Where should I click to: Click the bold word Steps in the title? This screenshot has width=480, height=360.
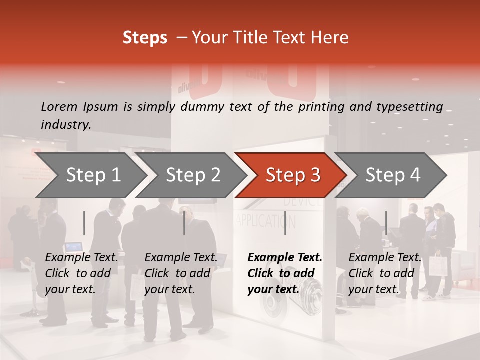click(145, 38)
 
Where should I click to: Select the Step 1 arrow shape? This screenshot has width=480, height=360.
click(90, 175)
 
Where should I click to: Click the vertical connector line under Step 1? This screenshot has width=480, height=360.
click(84, 223)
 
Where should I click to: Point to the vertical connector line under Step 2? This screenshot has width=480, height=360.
click(184, 223)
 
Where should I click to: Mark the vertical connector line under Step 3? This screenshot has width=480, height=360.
click(285, 223)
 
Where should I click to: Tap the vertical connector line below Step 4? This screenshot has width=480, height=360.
click(386, 223)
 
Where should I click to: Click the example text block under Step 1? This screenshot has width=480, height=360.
click(81, 273)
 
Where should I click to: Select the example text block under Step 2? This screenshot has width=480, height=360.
click(181, 273)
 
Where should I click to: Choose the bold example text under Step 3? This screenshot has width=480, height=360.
click(285, 273)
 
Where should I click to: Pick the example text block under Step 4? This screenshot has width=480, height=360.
click(385, 273)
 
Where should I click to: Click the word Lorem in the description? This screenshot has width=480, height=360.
click(59, 107)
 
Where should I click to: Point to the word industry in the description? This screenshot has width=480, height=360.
click(65, 125)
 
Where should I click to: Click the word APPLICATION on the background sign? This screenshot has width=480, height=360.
click(266, 221)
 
